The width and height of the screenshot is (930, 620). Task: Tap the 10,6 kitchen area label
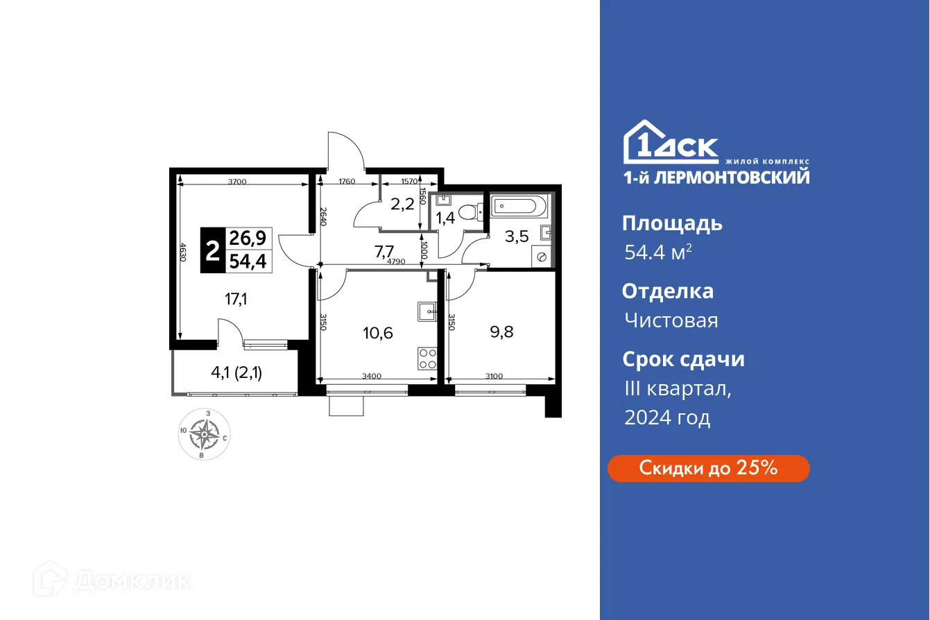[x=378, y=332]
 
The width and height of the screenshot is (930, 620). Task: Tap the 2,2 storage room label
[x=402, y=204]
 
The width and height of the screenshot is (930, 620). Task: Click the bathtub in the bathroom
[x=519, y=206]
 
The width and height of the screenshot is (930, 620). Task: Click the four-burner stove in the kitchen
[x=428, y=358]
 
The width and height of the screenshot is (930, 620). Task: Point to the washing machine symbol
[x=542, y=257]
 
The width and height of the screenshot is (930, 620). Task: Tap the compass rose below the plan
[x=204, y=435]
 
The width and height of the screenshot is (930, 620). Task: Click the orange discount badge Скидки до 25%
[x=708, y=468]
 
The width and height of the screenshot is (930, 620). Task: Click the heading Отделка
[x=667, y=291]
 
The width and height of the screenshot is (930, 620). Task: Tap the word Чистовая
[x=671, y=320]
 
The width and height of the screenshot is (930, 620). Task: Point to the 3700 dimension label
[x=237, y=182]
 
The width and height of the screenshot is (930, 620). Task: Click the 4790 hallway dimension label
[x=396, y=261]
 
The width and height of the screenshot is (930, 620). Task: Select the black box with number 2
[x=211, y=250]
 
